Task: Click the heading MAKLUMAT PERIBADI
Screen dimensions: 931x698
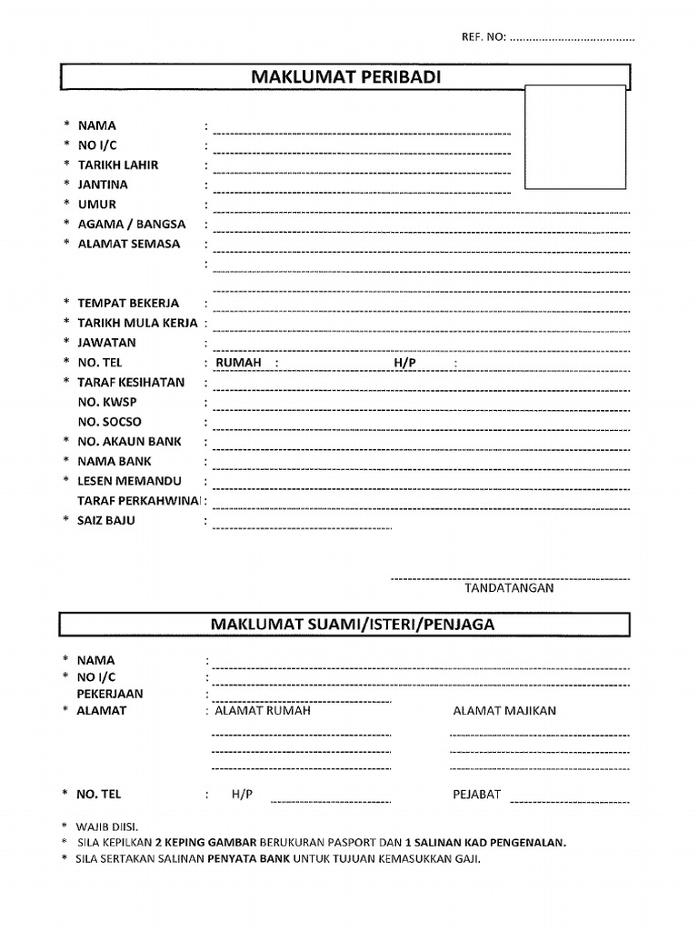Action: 345,78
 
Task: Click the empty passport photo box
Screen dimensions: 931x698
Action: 575,136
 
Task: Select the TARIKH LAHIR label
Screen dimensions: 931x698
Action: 117,165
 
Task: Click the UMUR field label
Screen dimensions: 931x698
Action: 96,205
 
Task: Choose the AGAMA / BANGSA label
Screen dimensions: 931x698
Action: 131,224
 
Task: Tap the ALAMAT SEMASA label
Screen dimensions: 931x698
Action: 128,244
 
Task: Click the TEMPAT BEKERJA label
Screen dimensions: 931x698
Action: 128,303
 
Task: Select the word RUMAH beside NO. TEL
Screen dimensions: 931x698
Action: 238,363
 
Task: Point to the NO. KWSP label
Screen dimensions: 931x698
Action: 107,402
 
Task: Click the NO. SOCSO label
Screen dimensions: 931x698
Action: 109,422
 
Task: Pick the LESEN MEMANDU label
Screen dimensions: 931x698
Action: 129,481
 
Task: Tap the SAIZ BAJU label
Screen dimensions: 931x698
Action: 105,521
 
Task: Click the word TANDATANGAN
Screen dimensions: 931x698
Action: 509,588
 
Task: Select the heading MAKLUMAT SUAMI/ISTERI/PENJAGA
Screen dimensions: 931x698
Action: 353,626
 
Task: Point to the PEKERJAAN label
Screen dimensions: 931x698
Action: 110,694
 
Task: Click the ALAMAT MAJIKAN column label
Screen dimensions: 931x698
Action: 504,711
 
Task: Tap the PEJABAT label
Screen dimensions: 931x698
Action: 476,795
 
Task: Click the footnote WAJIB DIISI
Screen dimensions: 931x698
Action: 106,826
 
